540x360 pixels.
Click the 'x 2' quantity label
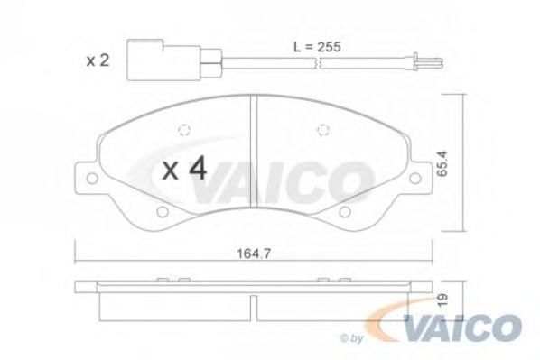coord(98,60)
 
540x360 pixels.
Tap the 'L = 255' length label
coord(317,47)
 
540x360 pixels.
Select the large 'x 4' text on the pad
coord(185,169)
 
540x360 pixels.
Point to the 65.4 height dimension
coord(442,163)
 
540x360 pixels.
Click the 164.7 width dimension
coord(254,254)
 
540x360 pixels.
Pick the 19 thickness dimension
coord(443,300)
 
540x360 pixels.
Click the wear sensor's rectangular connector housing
coord(163,60)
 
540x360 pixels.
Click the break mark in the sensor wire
coord(318,63)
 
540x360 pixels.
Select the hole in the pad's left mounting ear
coord(92,178)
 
